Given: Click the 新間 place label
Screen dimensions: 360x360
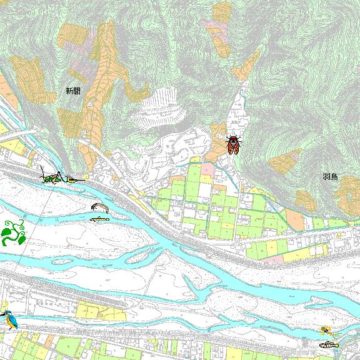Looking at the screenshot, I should [73, 91].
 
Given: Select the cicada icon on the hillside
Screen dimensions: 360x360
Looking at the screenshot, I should [233, 144].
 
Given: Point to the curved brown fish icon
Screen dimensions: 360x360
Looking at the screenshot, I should [99, 207].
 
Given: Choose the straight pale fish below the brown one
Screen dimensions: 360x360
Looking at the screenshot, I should [99, 219].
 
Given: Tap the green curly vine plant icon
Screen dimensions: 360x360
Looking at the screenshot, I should [13, 232].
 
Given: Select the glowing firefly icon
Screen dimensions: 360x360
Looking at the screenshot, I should [325, 331].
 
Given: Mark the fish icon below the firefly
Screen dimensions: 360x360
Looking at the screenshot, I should [328, 344].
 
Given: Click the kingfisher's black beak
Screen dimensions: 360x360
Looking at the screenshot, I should [2, 312].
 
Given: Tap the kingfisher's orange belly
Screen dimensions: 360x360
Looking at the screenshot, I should [8, 321].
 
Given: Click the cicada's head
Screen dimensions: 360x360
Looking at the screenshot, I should [233, 137].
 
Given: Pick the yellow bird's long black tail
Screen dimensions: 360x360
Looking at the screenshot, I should [81, 179].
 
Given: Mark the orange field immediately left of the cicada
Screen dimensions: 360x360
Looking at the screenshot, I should [217, 139].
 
